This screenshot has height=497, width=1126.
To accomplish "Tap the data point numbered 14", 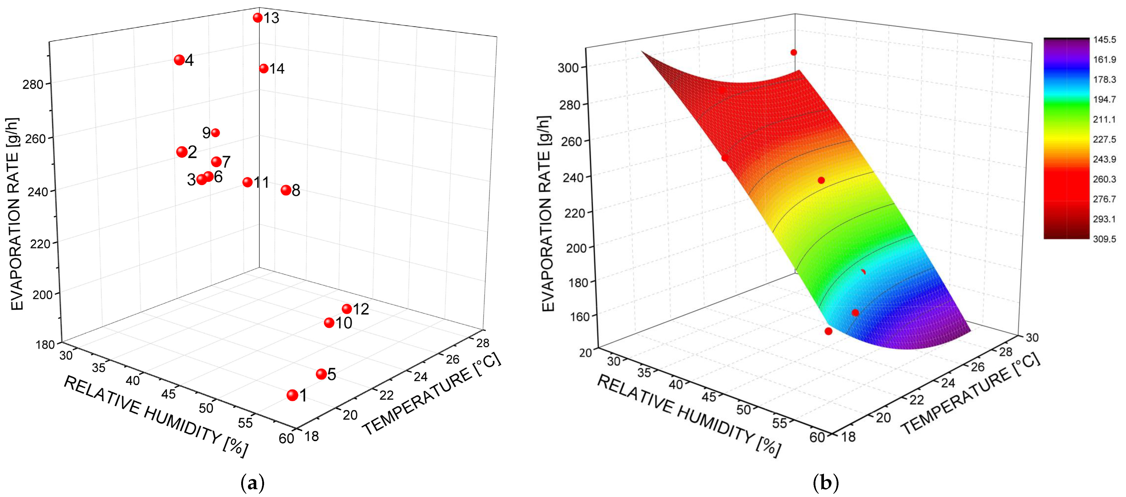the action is (x=264, y=69).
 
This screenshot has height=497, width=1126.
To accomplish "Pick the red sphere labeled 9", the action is (x=215, y=132).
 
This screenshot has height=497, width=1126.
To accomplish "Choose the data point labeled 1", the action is (x=292, y=395).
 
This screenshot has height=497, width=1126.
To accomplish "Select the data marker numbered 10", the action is (x=329, y=323).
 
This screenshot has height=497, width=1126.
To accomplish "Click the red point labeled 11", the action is (x=247, y=182).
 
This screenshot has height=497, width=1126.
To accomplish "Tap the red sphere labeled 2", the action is (x=182, y=152).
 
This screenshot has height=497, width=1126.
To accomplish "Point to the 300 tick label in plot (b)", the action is (x=568, y=68).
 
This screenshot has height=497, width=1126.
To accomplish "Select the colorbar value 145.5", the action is (x=1105, y=40).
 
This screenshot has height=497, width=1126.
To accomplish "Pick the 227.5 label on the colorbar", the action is (x=1105, y=139).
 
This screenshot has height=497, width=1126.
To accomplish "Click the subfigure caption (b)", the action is (x=826, y=483).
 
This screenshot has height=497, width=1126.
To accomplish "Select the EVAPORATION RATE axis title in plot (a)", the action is (x=17, y=214).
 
